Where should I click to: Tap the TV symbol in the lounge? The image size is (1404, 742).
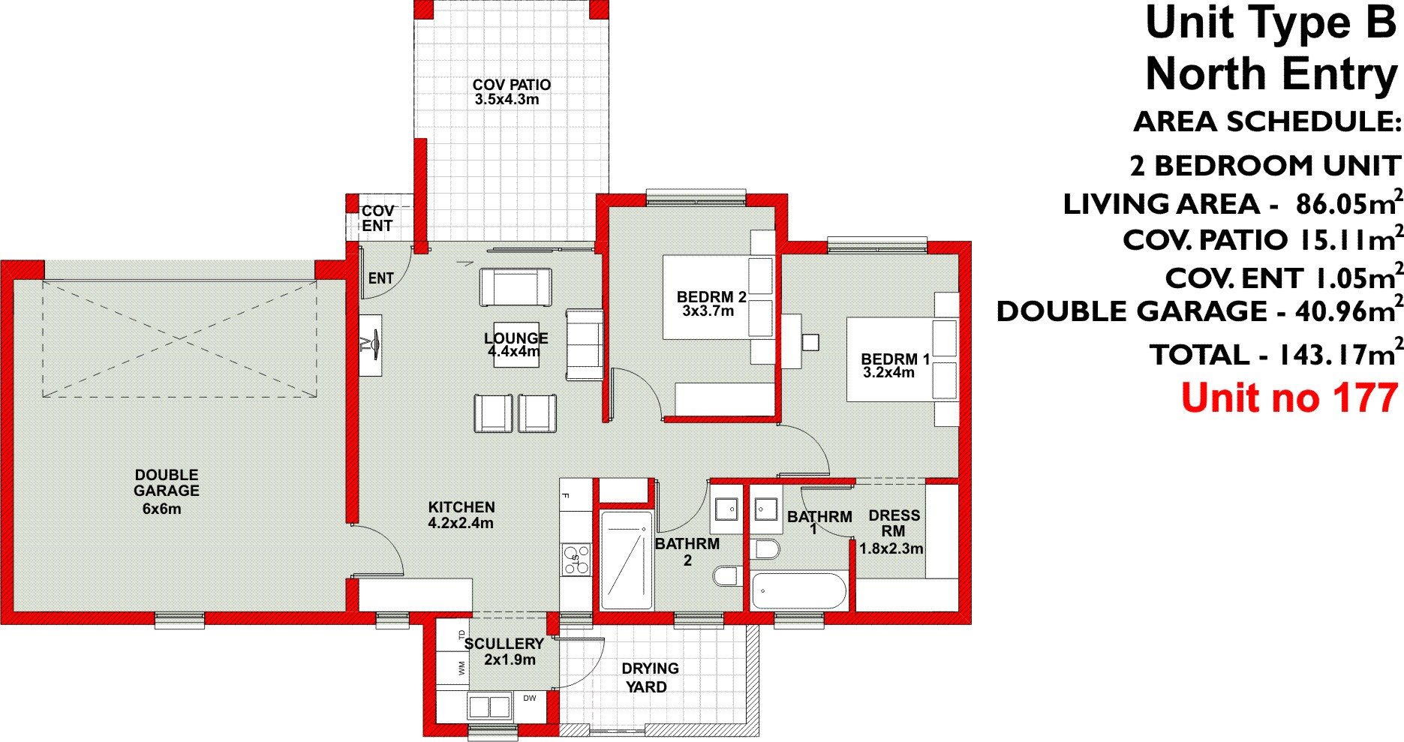[x=371, y=344]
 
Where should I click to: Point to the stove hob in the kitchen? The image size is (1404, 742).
[x=576, y=559]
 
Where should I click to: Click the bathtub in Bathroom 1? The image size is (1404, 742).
[x=798, y=590]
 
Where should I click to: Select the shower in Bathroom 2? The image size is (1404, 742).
[x=625, y=560]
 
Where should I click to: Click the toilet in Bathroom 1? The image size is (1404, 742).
[x=765, y=550]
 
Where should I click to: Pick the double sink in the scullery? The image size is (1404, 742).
[x=489, y=707]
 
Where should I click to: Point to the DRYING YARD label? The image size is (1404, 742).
[x=649, y=677]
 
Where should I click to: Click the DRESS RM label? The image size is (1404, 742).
[x=894, y=523]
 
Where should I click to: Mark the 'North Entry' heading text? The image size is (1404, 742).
[x=1272, y=75]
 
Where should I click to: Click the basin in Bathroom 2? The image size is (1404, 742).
[x=726, y=510]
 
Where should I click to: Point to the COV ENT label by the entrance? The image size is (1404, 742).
[x=377, y=218]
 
